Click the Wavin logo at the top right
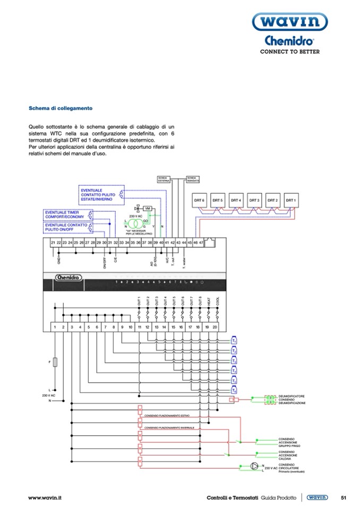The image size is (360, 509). click(x=289, y=22)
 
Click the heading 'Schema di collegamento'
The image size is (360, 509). click(x=61, y=108)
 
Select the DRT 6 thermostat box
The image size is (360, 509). click(x=199, y=200)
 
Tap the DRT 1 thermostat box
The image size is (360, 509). click(x=290, y=200)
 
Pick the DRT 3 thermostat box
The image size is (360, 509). click(x=254, y=200)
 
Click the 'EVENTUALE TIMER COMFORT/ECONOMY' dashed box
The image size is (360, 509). click(x=66, y=215)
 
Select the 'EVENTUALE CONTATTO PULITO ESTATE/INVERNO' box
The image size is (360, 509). click(x=99, y=195)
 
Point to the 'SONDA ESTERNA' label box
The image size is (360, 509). click(x=163, y=179)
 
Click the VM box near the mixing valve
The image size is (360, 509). click(x=148, y=208)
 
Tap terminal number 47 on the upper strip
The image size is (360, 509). click(x=201, y=242)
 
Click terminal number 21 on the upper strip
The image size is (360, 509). click(x=53, y=242)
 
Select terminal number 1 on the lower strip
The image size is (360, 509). click(x=54, y=327)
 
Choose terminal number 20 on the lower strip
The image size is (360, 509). click(x=215, y=327)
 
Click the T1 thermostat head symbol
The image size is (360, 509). click(x=234, y=341)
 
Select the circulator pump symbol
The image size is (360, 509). click(x=254, y=466)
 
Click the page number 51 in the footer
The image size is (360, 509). click(x=344, y=497)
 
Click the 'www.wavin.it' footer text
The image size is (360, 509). click(x=45, y=497)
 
